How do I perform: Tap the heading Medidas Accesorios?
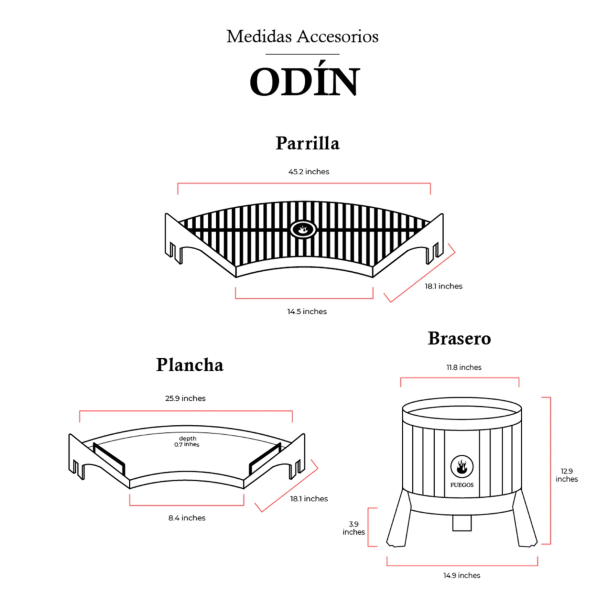(x=303, y=36)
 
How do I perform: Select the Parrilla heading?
(x=307, y=143)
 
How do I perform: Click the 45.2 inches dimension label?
(x=309, y=172)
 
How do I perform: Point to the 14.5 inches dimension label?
(x=307, y=312)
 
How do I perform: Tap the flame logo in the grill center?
(x=303, y=229)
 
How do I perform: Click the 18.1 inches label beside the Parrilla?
(x=444, y=286)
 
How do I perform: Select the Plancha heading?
(x=190, y=365)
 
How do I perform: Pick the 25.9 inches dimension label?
(x=186, y=398)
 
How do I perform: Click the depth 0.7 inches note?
(x=187, y=441)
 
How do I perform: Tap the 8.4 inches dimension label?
(x=187, y=518)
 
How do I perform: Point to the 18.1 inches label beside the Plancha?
(x=309, y=499)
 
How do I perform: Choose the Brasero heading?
(x=460, y=338)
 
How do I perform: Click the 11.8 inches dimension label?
(x=464, y=368)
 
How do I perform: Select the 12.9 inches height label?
(x=567, y=475)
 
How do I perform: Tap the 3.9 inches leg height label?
(x=353, y=528)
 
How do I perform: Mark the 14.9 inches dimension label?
(x=462, y=576)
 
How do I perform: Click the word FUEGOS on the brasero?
(x=462, y=485)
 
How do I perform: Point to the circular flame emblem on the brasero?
(x=462, y=466)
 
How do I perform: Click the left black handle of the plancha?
(x=109, y=459)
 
